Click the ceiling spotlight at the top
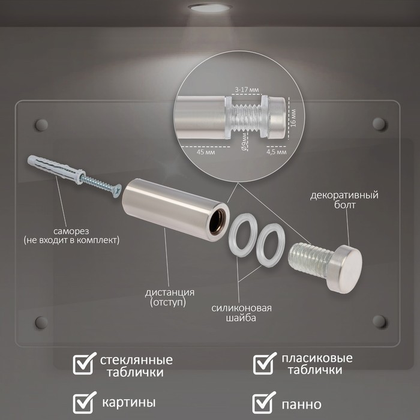point(209,7)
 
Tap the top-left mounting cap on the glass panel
point(41,125)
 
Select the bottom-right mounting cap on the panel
point(379,322)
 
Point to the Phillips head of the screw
point(117,191)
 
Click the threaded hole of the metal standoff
point(217,223)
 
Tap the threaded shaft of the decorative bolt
point(310,259)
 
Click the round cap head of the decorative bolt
point(345,269)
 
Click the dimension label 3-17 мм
point(247,89)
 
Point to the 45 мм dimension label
point(206,152)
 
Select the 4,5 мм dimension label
point(277,152)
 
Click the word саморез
point(71,231)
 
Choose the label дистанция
point(170,292)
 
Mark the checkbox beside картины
point(83,403)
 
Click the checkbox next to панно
point(263,403)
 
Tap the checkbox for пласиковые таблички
point(264,364)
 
